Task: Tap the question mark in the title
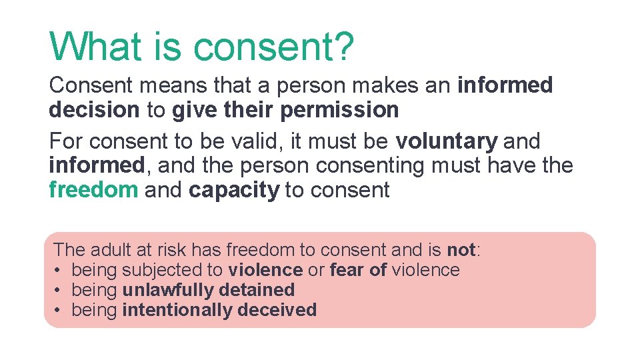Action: click(x=343, y=47)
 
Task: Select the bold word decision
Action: click(x=94, y=110)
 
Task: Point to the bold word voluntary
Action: click(x=447, y=141)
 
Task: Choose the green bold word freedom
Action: click(x=93, y=190)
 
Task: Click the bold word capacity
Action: click(x=234, y=190)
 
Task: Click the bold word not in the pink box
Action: click(x=461, y=250)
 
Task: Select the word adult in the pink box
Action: click(x=109, y=250)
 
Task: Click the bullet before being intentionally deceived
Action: click(x=59, y=310)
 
